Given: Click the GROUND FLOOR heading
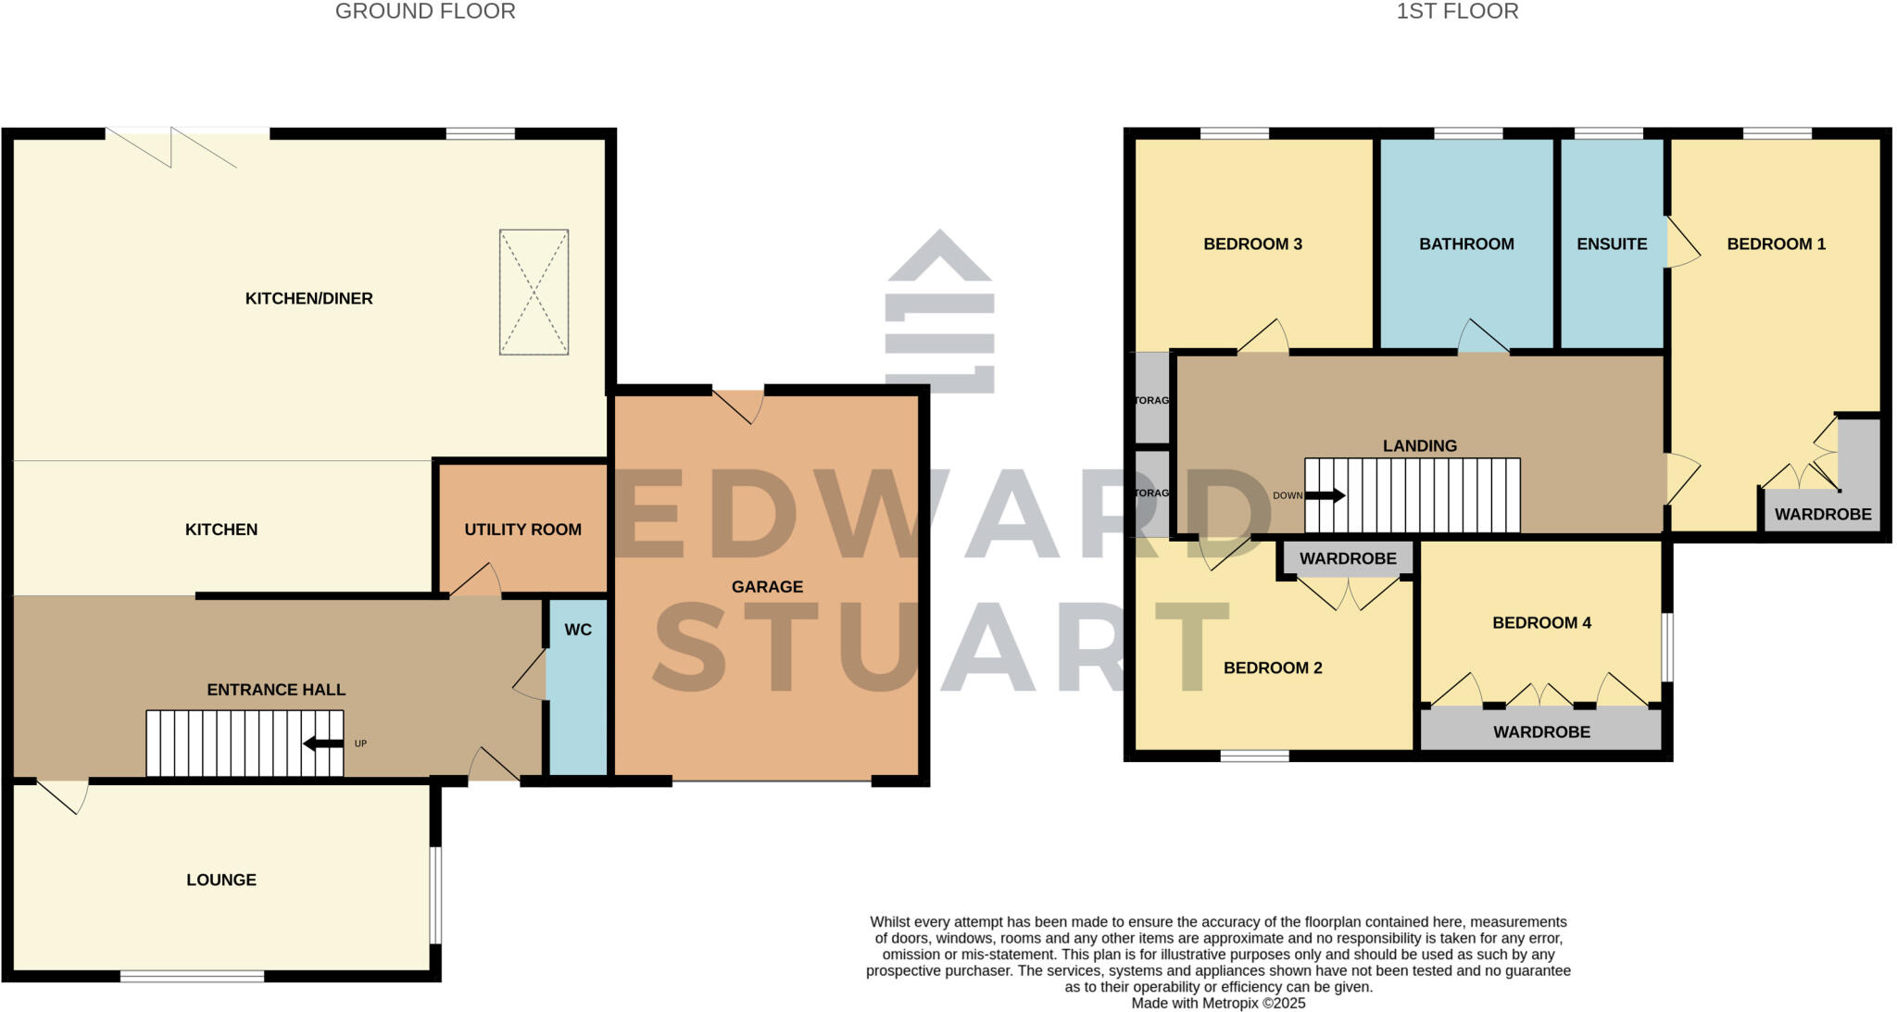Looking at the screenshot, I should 425,12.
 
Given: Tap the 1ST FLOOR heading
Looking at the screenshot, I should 1457,12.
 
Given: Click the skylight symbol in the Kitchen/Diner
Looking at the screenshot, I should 534,293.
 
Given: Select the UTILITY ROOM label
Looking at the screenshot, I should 522,530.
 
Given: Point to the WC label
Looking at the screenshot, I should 578,630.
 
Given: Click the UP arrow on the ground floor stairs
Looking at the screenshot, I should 323,743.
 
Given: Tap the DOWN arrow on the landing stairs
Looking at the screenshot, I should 1325,495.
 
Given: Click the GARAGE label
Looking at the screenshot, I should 767,587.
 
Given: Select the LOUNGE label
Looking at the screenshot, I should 221,880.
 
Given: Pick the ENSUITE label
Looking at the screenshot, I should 1612,244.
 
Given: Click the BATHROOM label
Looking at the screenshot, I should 1466,244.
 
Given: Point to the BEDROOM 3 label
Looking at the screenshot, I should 1252,244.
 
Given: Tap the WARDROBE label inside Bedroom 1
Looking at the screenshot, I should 1822,514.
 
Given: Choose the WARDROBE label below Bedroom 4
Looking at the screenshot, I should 1541,732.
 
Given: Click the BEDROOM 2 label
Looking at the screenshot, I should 1273,668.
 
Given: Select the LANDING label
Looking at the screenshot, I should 1420,446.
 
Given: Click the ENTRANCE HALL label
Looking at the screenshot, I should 276,690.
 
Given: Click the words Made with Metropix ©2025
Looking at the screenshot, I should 1218,1003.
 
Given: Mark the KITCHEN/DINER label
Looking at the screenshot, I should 308,298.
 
